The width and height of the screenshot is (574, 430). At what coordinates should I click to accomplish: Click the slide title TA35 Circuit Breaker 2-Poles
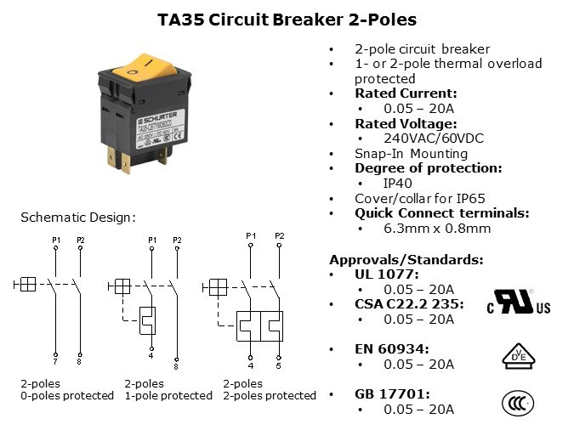coord(287,18)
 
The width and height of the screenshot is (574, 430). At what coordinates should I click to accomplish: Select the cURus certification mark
coord(517,303)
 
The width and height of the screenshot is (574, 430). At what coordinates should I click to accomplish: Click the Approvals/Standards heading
coord(406,259)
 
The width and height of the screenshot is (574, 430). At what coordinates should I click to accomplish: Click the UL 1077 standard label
coord(387,274)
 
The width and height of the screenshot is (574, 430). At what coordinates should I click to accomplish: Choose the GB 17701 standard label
coord(391,394)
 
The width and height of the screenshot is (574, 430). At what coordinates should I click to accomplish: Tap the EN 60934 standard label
coord(391,348)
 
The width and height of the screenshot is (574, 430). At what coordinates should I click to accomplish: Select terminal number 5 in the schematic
coord(278,366)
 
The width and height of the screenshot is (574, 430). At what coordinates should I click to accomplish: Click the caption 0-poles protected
coord(66,396)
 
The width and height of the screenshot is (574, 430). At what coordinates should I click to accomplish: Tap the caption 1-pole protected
coord(168,396)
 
